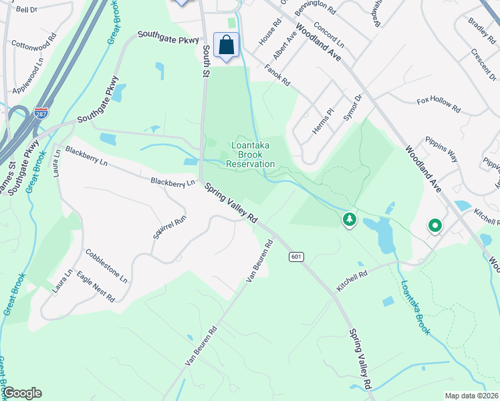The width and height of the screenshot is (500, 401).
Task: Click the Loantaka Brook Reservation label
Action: pos(250,154)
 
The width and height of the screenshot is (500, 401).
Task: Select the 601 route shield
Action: pos(297,257)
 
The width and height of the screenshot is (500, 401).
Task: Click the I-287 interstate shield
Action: pos(41,114)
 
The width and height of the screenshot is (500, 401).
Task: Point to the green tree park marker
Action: pos(348,219)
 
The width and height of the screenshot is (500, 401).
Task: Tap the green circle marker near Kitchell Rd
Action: pos(434,226)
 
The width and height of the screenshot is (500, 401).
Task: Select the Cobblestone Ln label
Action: pos(106,266)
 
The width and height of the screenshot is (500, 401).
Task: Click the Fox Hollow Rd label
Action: pos(439,104)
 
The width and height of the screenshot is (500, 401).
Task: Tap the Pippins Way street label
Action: pos(444,150)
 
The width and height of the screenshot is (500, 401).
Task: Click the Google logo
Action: pos(22,393)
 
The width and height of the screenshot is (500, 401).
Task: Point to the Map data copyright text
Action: pos(471,396)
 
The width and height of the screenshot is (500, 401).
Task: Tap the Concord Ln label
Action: pos(328,36)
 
